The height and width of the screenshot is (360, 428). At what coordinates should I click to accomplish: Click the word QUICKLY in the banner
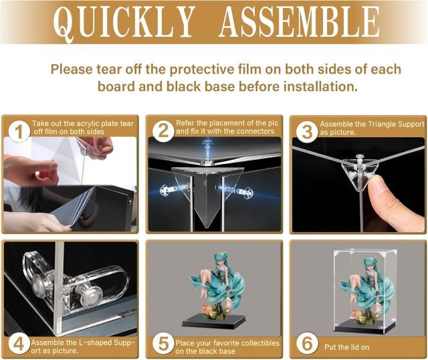tap(124, 22)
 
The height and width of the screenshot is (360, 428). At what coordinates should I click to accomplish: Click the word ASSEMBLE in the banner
tap(300, 21)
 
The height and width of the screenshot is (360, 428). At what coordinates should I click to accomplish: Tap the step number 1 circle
tap(19, 132)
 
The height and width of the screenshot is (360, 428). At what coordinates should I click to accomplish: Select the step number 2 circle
tap(163, 131)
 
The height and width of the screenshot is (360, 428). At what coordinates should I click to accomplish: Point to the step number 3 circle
tap(307, 132)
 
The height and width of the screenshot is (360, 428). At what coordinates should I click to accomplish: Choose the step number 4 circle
tap(19, 344)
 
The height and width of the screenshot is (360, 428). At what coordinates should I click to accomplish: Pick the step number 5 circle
tap(163, 344)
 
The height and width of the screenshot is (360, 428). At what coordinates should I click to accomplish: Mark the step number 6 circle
tap(307, 344)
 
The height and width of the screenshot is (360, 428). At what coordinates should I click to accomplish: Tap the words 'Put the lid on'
tap(346, 347)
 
